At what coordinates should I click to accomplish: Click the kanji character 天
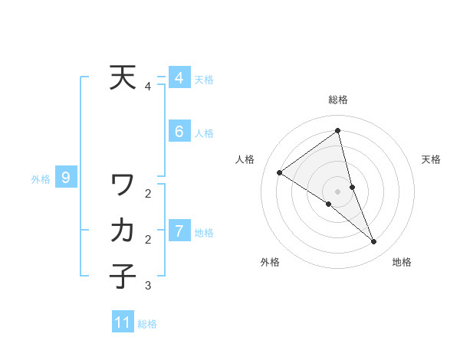click(123, 78)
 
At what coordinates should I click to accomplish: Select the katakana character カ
click(123, 230)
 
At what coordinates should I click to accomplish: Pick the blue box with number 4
click(179, 78)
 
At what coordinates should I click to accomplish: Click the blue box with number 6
click(179, 132)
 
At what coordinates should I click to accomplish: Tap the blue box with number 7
click(179, 231)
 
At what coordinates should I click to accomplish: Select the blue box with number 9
click(66, 178)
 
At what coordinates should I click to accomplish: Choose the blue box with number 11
click(123, 322)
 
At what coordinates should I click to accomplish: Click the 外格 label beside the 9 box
click(41, 179)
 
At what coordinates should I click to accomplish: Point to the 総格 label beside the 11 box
click(147, 324)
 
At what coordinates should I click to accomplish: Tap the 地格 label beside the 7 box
click(204, 232)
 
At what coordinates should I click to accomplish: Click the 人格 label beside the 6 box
click(204, 133)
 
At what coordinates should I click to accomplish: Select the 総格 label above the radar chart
click(337, 100)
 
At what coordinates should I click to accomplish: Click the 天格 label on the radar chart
click(432, 159)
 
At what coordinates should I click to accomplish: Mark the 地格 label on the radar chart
click(402, 262)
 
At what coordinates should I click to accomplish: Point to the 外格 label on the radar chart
click(270, 262)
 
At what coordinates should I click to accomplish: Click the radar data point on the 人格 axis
click(280, 172)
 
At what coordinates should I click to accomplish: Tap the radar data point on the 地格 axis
click(374, 242)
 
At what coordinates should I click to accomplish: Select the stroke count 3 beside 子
click(148, 286)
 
